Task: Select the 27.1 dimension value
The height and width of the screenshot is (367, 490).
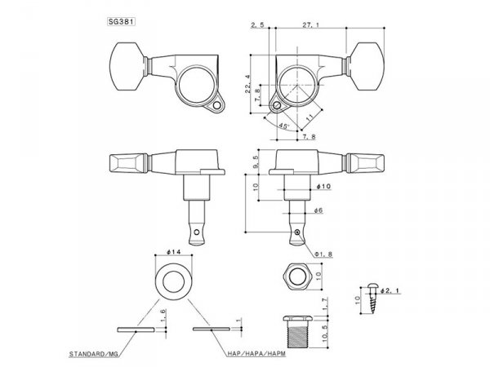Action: pos(309,26)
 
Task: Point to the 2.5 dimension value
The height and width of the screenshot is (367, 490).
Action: pos(260,26)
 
